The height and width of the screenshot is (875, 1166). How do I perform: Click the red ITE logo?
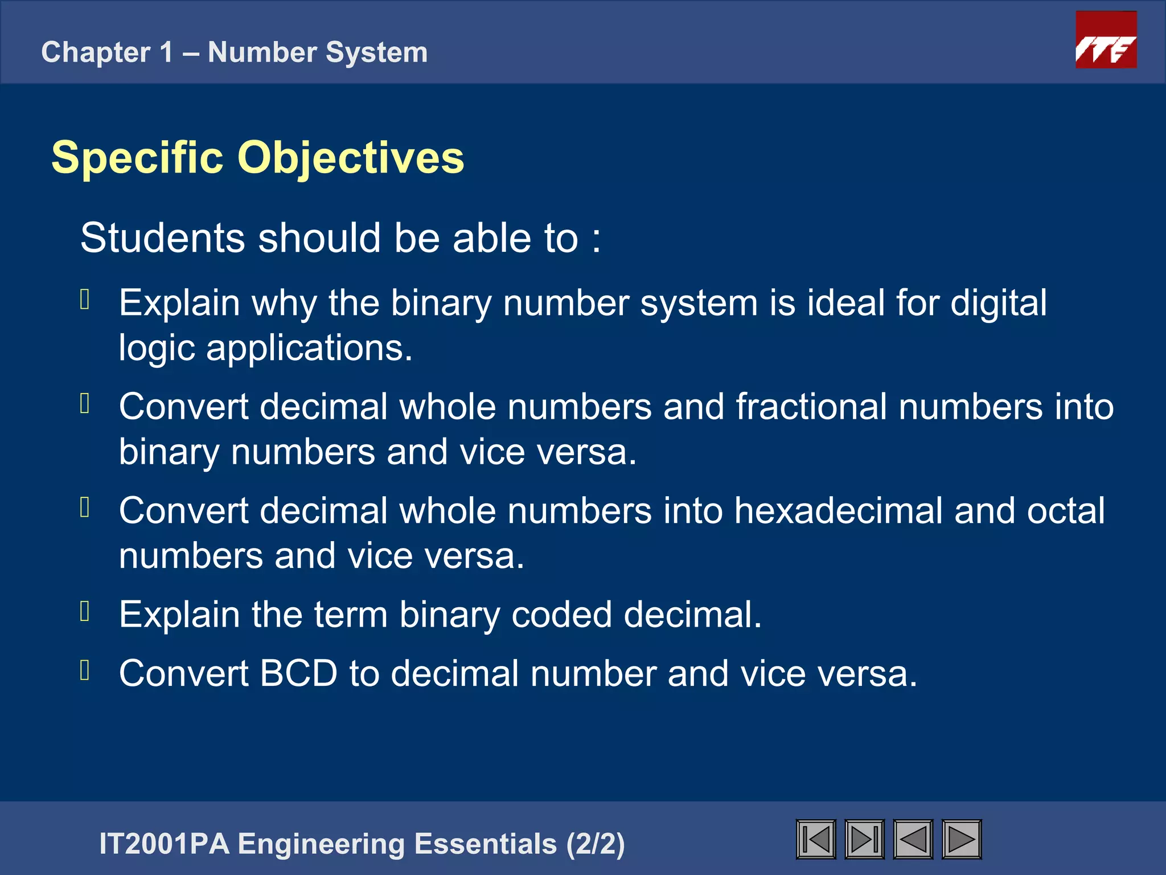[1106, 40]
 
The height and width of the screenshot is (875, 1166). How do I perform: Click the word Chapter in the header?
[96, 52]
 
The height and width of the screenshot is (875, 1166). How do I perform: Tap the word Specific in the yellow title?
[137, 157]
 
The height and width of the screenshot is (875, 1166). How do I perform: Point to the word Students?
[162, 238]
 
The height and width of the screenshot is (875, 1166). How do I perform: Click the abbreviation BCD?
[298, 673]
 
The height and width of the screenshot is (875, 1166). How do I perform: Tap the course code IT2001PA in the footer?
[164, 844]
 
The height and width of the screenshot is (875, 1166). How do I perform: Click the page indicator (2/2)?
[596, 844]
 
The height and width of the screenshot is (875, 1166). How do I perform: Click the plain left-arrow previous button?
[913, 839]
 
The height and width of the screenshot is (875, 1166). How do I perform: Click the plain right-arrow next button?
[962, 839]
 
